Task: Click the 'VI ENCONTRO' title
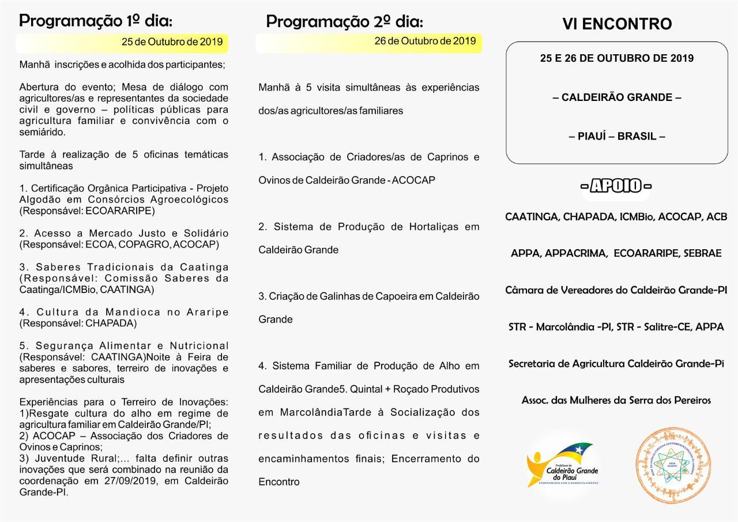[x=617, y=24]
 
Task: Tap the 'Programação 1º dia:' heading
[x=96, y=21]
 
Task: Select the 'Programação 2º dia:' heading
[x=344, y=22]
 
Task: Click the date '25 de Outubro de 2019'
[x=172, y=42]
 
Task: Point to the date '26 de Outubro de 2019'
[x=425, y=41]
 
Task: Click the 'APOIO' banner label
[x=616, y=186]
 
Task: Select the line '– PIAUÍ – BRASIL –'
[x=617, y=137]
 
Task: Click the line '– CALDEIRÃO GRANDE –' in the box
[x=617, y=97]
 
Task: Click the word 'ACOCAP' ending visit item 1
[x=413, y=181]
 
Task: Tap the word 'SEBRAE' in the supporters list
[x=702, y=253]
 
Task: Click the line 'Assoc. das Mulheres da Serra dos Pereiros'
[x=616, y=400]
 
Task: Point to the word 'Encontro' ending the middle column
[x=279, y=482]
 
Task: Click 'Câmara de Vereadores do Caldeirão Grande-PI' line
[x=616, y=290]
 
